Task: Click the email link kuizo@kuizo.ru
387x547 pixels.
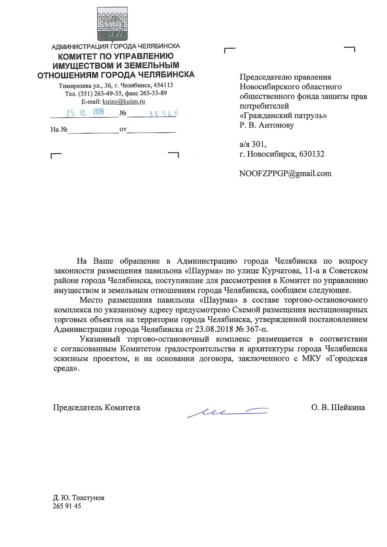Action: coord(124,101)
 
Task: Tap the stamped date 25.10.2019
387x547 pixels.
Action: coord(85,112)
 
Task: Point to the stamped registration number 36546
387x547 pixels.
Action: coord(163,114)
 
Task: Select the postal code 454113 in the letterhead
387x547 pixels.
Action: coord(163,85)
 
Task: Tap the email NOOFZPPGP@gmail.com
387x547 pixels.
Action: coord(285,173)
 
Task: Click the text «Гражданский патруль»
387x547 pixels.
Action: coord(283,115)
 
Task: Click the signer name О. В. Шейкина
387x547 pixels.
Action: coord(338,408)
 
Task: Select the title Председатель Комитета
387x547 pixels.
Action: coord(96,408)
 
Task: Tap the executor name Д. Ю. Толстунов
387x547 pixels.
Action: coord(79,498)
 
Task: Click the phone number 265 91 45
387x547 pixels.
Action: coord(67,506)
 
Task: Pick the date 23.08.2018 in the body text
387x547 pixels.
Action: coord(212,329)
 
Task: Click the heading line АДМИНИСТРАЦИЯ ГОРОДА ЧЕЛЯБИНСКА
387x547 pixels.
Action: coord(115,46)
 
